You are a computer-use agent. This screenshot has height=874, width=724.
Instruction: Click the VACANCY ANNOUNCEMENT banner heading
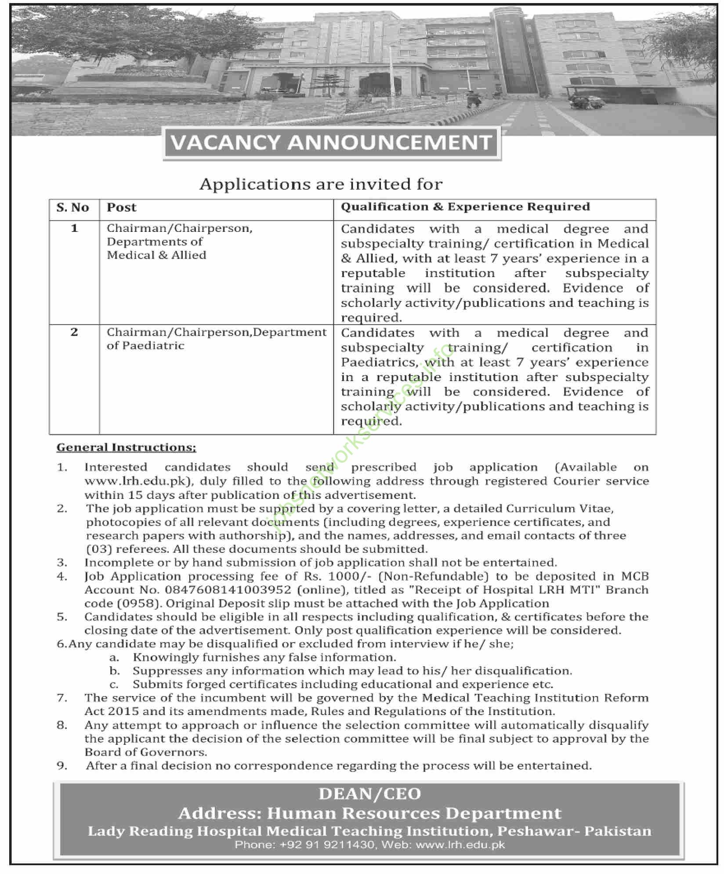click(x=332, y=143)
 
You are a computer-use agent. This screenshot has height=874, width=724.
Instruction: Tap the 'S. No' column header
click(x=73, y=207)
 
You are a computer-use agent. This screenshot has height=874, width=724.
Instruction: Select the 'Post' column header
click(x=121, y=207)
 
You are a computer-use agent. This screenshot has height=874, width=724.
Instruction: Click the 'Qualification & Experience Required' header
click(x=465, y=207)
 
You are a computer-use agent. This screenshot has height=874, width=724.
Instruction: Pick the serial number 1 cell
click(x=74, y=228)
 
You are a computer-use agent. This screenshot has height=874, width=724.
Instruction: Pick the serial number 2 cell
click(x=74, y=332)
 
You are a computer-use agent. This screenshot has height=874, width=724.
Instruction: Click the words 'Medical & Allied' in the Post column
click(x=156, y=255)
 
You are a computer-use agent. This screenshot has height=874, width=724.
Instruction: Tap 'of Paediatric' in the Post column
click(x=145, y=346)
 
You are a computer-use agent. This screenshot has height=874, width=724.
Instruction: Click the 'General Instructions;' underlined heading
click(x=127, y=447)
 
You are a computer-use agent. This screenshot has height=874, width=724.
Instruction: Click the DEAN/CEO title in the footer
click(x=369, y=794)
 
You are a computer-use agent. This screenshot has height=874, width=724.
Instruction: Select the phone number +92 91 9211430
click(x=304, y=845)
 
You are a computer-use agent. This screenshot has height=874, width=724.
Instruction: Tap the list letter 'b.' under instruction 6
click(x=115, y=671)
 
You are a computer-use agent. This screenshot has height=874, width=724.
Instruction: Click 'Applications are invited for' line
click(x=321, y=184)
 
